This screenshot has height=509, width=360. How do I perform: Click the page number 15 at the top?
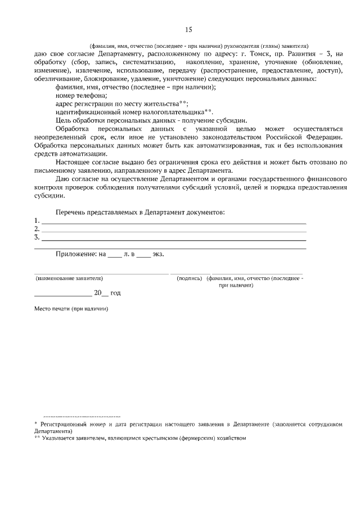pos(188,30)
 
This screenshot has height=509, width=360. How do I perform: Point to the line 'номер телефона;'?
pos(78,96)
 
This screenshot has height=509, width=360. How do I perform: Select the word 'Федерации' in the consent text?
pos(322,137)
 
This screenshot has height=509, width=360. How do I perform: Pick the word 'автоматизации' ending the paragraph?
pos(83,154)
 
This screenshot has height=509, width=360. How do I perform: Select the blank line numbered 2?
pos(174,230)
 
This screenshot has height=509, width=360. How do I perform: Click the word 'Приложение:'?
pos(76,254)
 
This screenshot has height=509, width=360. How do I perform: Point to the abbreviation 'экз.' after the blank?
pos(158,254)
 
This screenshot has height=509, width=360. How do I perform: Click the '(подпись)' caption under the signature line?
pos(189,278)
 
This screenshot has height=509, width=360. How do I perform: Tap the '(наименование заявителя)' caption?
pos(69,278)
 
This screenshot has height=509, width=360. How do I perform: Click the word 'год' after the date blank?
pos(115,293)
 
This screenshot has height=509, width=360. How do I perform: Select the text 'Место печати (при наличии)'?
pos(71,309)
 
